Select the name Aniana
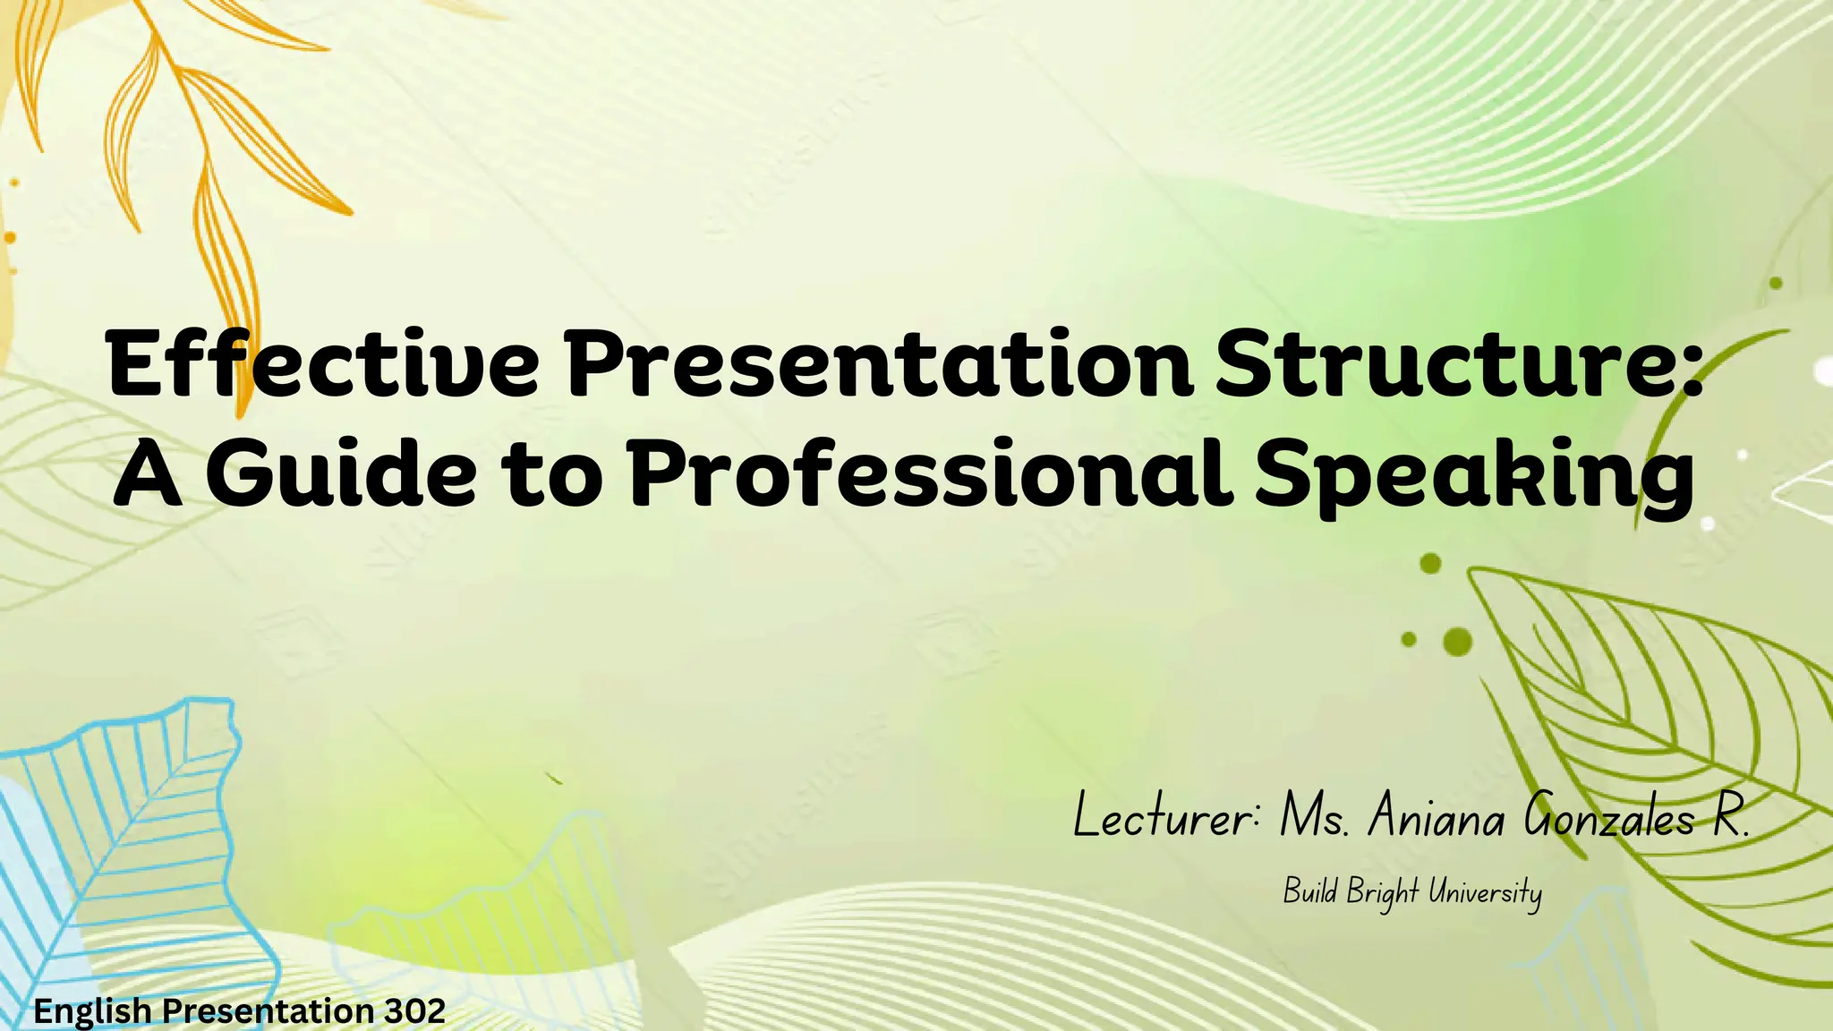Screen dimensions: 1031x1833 (1436, 816)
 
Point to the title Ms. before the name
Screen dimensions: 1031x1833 (1313, 816)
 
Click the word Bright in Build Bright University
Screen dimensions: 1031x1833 (1382, 892)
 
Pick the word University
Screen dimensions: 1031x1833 (1485, 892)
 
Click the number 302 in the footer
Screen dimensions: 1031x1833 (414, 1011)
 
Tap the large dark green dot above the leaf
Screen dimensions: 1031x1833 (1458, 641)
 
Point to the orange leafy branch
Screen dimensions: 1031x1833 (206, 134)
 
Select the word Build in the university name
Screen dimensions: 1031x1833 (1310, 891)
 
